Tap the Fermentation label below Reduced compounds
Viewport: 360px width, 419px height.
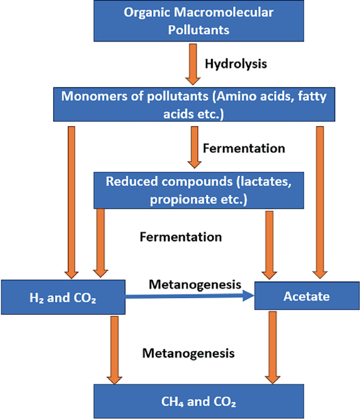click(180, 237)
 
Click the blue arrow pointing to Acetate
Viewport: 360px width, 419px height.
click(189, 297)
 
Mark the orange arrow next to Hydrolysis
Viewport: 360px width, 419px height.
click(193, 64)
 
